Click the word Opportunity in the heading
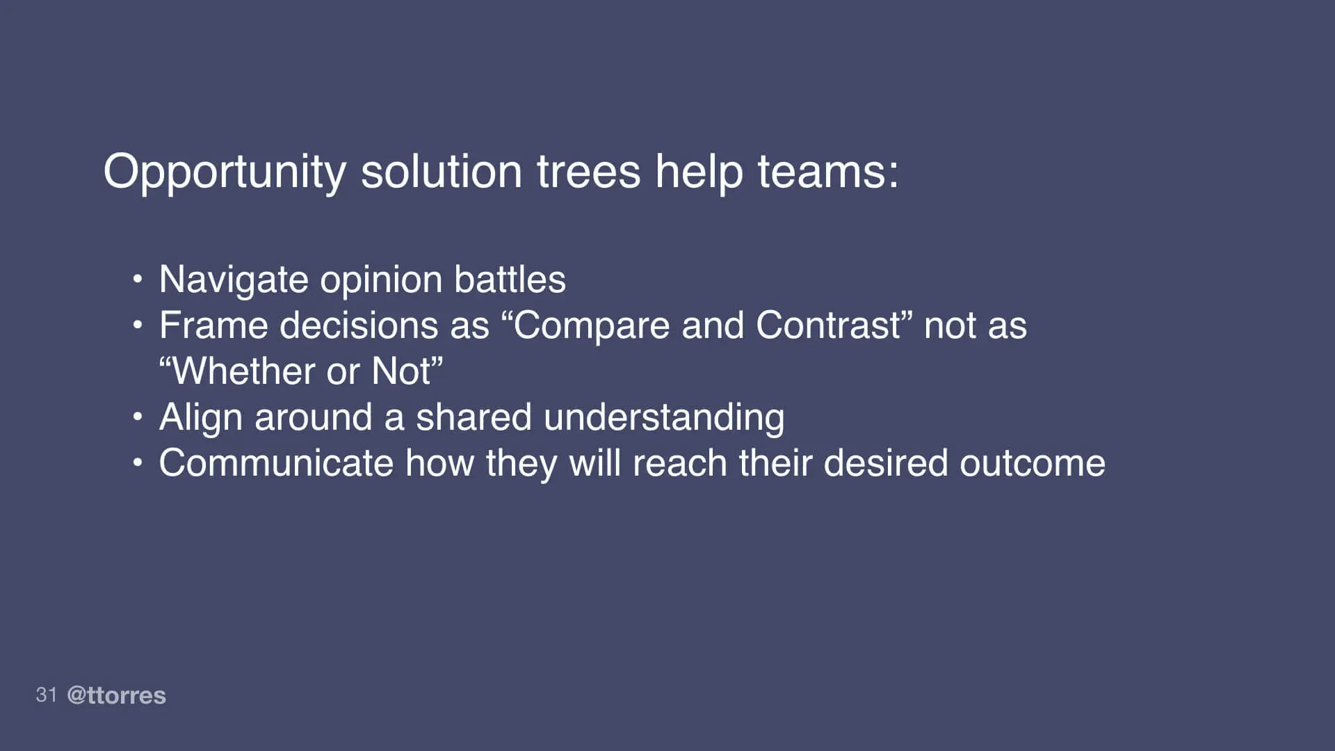pos(224,172)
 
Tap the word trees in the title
pos(588,171)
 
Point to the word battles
pos(510,280)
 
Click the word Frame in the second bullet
pos(213,325)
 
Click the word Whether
pos(243,371)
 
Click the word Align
pos(201,418)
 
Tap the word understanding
pos(664,418)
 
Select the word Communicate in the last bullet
pos(276,463)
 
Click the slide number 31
pos(47,695)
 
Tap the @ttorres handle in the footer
pos(116,695)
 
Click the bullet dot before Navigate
pos(138,280)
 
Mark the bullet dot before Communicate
pos(138,463)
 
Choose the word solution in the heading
pos(441,171)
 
